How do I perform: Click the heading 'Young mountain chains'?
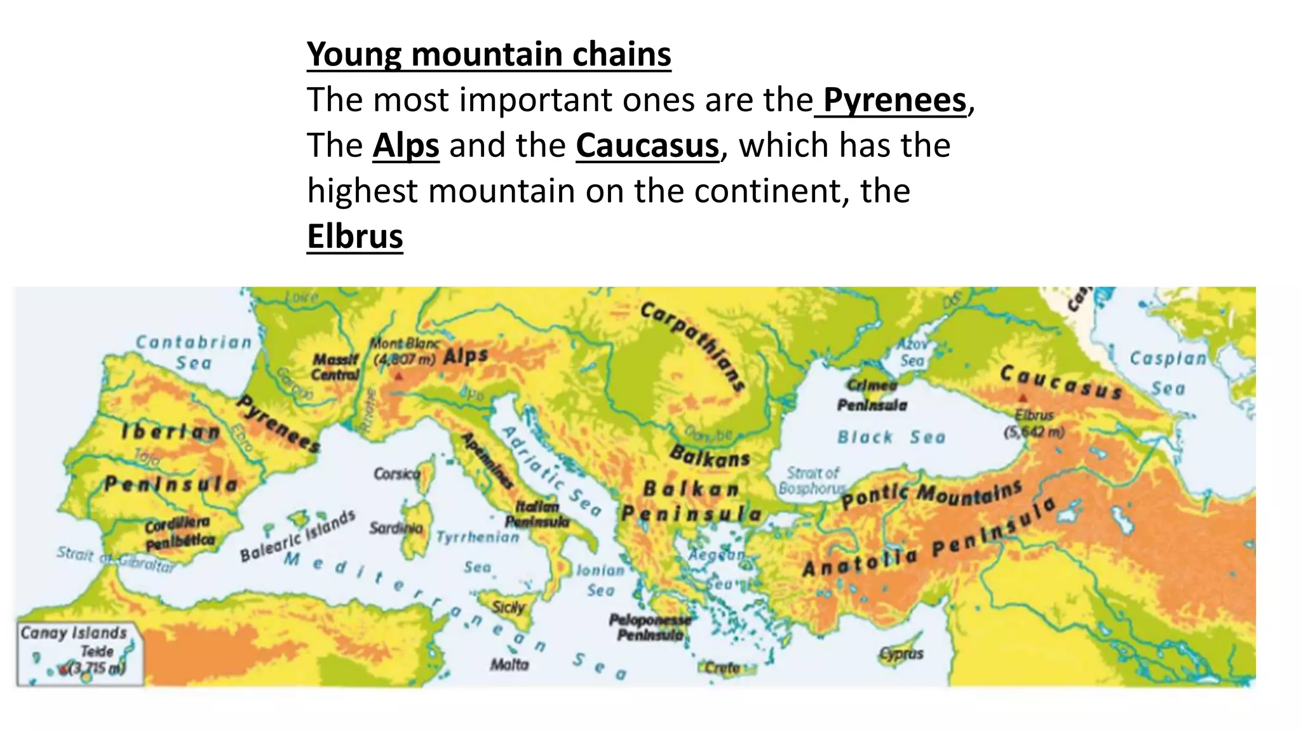tap(489, 54)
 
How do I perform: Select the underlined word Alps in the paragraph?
tap(405, 146)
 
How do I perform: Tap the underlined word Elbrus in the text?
tap(354, 237)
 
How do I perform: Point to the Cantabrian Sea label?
tap(194, 352)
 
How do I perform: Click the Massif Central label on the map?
tap(336, 367)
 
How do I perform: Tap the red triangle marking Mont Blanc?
tap(399, 377)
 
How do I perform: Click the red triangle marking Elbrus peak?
tap(1023, 398)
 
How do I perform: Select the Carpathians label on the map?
tap(693, 346)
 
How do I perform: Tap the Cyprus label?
tap(901, 654)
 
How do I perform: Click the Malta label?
tap(509, 665)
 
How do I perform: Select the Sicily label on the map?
tap(509, 607)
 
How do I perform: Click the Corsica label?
tap(396, 474)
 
